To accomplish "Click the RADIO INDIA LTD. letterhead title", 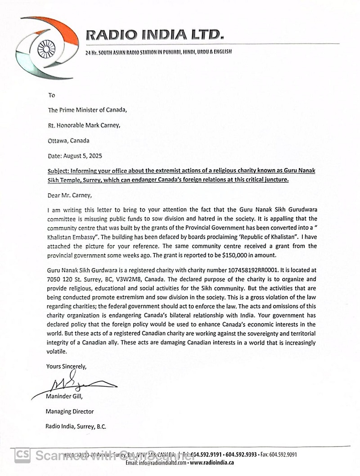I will [154, 34].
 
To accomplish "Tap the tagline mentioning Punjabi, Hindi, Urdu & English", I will [158, 52].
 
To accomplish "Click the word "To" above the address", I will [51, 95].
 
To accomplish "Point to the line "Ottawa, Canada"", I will [68, 140].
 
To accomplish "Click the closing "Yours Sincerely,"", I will [66, 367].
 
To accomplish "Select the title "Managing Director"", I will [69, 411].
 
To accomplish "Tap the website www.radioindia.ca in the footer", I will [211, 463].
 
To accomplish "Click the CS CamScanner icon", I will [22, 454].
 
